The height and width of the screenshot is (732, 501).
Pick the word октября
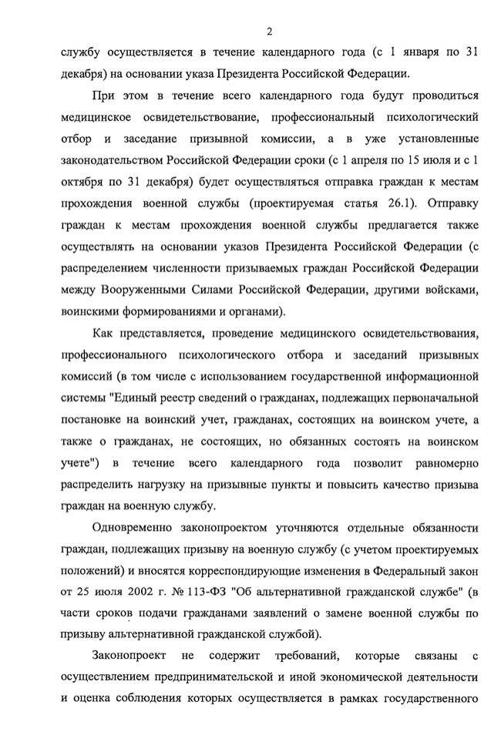pyautogui.click(x=82, y=183)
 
